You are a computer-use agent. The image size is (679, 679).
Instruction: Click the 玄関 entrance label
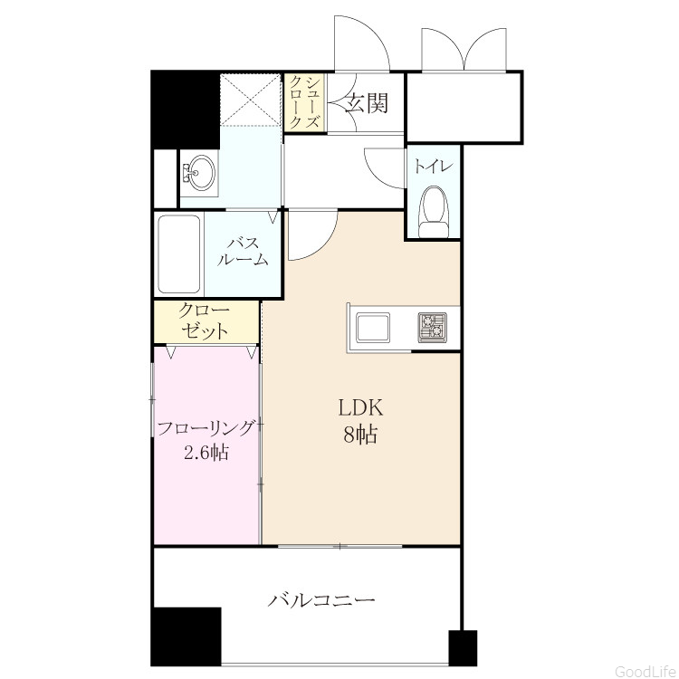367,103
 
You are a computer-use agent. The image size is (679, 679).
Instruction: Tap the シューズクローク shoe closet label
305,102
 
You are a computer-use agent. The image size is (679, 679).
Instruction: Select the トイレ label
434,167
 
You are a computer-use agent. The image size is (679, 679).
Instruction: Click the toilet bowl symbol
435,212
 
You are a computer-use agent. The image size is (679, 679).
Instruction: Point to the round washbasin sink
199,172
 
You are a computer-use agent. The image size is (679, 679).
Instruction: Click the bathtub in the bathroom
179,254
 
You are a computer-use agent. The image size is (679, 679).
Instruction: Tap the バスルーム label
243,251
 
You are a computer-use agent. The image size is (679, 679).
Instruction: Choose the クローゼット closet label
205,320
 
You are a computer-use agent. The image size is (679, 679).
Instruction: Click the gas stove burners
432,327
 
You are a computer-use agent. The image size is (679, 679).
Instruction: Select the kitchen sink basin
372,327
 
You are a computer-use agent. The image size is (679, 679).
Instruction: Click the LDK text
360,407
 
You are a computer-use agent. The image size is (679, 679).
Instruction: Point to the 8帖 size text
360,435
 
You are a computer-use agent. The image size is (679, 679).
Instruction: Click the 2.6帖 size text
206,453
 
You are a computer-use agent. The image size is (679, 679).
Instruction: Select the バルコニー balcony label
320,600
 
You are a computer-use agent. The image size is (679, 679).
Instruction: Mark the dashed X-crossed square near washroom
250,100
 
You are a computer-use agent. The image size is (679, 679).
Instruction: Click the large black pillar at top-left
185,110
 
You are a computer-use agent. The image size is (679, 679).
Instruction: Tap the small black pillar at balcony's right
463,648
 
